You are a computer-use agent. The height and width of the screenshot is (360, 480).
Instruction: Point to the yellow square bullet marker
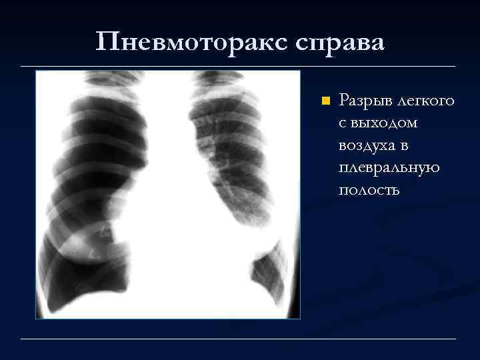pos(325,101)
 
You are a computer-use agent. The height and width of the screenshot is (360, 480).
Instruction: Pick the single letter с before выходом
pos(343,123)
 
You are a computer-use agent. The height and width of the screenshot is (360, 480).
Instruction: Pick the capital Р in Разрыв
pos(345,101)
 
